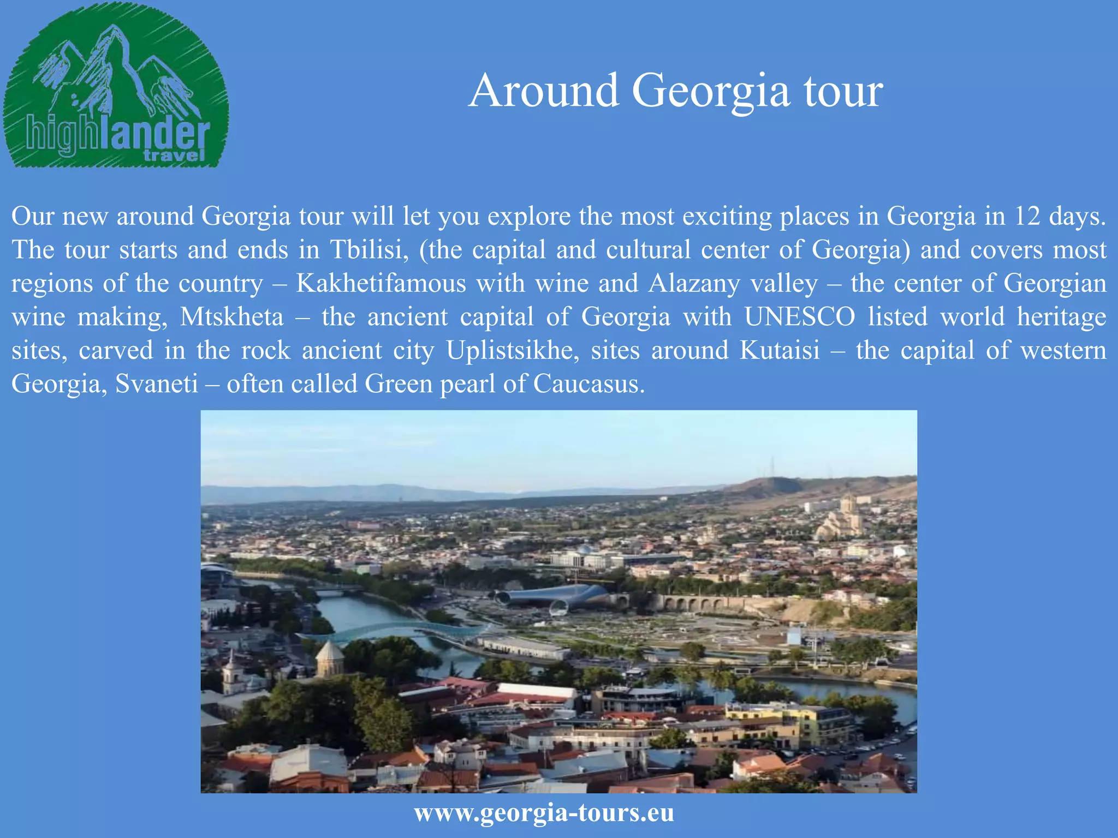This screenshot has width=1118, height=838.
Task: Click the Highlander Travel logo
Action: (x=116, y=87)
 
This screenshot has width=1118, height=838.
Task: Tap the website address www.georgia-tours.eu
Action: (x=544, y=812)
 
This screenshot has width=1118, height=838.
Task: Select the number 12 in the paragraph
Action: (x=1027, y=217)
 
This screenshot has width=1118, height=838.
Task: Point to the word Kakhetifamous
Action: (x=381, y=284)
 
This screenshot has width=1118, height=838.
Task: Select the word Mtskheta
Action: (x=232, y=317)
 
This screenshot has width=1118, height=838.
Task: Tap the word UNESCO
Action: (x=800, y=317)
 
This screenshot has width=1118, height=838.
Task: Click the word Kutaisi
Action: (x=780, y=350)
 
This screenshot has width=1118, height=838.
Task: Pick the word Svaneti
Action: (x=157, y=384)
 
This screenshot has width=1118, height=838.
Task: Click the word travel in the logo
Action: (x=174, y=156)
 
